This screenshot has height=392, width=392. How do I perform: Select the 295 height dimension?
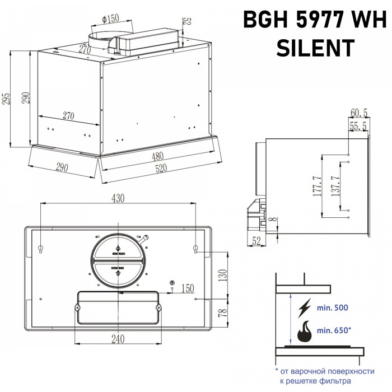coord(6,99)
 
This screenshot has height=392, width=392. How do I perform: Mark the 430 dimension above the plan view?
coord(118,198)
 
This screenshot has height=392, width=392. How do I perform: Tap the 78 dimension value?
coord(223,312)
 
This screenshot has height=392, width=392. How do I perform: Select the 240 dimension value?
coord(118,339)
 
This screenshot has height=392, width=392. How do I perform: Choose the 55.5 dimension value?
coord(358,127)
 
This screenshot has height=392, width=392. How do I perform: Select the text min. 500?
coord(333,308)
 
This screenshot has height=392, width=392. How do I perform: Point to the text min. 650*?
coord(334,330)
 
